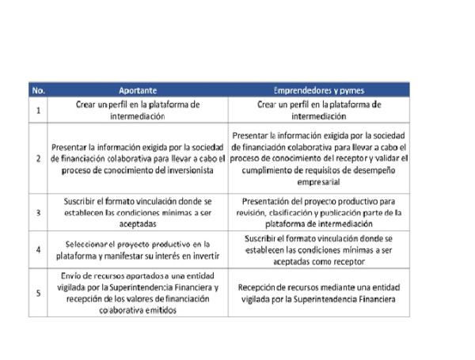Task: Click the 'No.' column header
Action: click(38, 90)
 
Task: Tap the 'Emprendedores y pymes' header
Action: click(319, 90)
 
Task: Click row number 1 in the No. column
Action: click(38, 109)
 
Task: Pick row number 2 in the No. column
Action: click(38, 158)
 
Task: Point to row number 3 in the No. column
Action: click(38, 213)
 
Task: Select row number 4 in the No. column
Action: click(38, 249)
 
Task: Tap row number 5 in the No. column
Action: click(38, 293)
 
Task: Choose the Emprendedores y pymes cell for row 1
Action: click(319, 109)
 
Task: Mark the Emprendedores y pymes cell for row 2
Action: click(319, 158)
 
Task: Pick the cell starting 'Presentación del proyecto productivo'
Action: click(319, 213)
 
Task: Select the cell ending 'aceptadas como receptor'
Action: click(319, 249)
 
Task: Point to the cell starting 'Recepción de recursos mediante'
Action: click(319, 293)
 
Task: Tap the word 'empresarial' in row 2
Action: click(319, 181)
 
